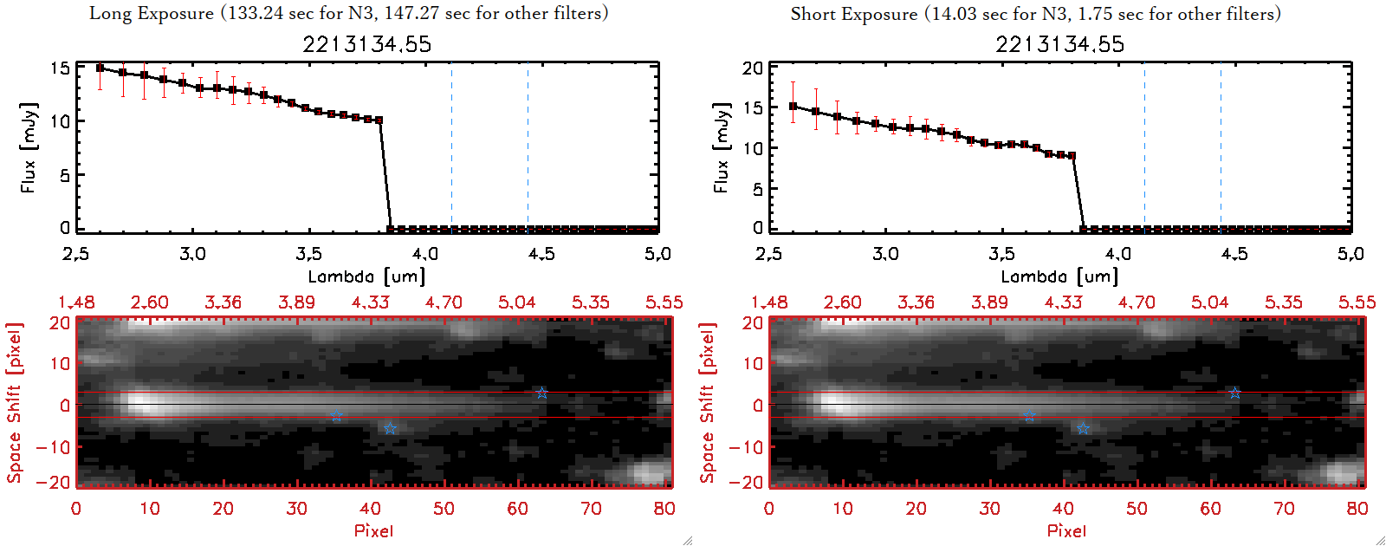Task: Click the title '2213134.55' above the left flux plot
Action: point(366,44)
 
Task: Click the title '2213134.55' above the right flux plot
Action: point(1059,44)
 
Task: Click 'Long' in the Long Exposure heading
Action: point(109,13)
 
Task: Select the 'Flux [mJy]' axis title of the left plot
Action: point(29,147)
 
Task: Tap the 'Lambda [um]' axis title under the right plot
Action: point(1059,276)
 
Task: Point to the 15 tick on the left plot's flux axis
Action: point(60,68)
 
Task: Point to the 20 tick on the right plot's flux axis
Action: point(753,68)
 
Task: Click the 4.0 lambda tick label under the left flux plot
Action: point(424,254)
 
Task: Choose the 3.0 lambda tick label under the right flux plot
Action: point(885,254)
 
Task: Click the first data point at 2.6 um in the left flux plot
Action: point(100,68)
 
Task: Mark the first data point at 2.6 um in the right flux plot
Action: point(793,107)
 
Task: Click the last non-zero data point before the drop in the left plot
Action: point(379,120)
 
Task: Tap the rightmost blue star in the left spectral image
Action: point(541,393)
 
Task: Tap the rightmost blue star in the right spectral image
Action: point(1234,393)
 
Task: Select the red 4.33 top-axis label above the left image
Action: point(370,302)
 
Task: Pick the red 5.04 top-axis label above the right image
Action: point(1209,302)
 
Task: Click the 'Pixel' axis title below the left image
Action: point(373,530)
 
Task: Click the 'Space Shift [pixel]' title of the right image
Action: point(708,402)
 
